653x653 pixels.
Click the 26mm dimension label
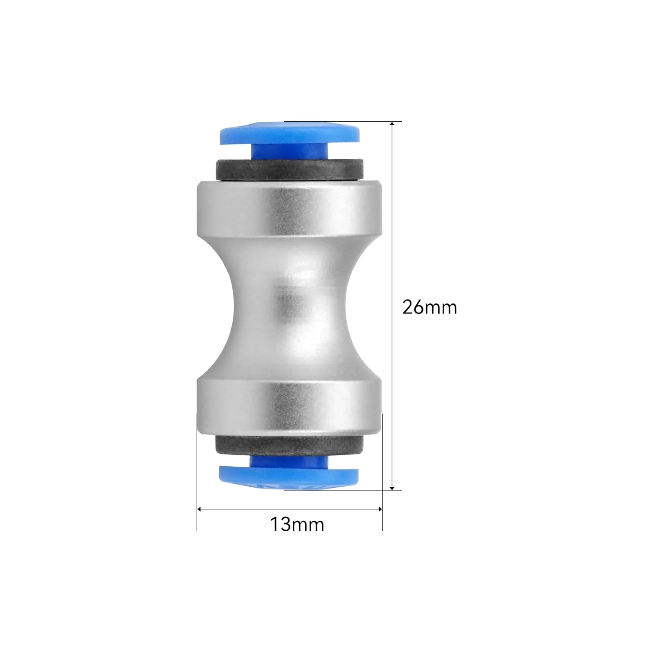pos(429,307)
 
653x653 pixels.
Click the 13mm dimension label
pos(297,524)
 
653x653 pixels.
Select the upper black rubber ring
pos(289,169)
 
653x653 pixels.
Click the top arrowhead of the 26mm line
pos(392,125)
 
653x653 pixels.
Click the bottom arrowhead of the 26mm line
pos(392,487)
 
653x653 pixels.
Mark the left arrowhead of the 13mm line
pos(201,508)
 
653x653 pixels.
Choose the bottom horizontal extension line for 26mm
pos(348,491)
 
